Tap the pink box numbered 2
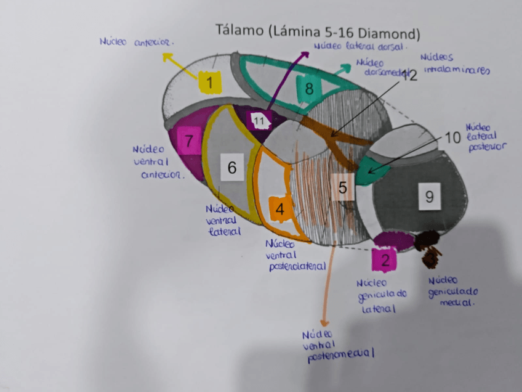click(385, 261)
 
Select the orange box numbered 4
click(280, 209)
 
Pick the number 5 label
click(342, 186)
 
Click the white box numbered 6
click(231, 167)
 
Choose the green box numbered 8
click(309, 89)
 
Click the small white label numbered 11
click(259, 121)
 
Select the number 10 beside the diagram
click(452, 137)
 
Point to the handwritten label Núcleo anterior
click(137, 43)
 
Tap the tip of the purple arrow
click(307, 53)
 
